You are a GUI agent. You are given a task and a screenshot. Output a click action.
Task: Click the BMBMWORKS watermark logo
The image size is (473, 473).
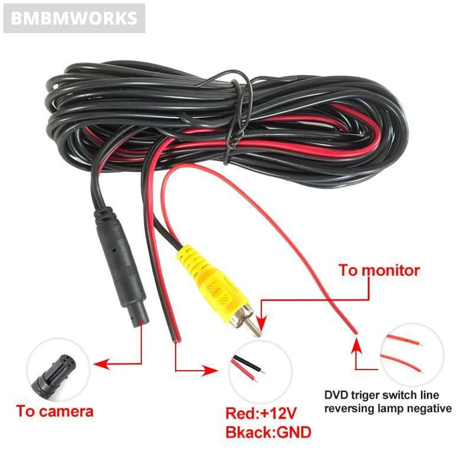(x=74, y=18)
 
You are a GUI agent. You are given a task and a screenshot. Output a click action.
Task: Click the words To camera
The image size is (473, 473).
(x=55, y=411)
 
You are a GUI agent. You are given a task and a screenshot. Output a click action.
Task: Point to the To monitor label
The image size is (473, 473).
(x=379, y=271)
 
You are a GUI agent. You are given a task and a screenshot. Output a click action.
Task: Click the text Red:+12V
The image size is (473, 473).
(x=261, y=413)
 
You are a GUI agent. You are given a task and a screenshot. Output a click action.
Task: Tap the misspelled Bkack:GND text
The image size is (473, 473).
(x=268, y=432)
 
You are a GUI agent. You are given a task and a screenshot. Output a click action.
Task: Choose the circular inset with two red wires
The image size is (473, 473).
(x=412, y=355)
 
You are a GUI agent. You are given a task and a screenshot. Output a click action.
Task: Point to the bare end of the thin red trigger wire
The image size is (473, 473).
(x=355, y=333)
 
